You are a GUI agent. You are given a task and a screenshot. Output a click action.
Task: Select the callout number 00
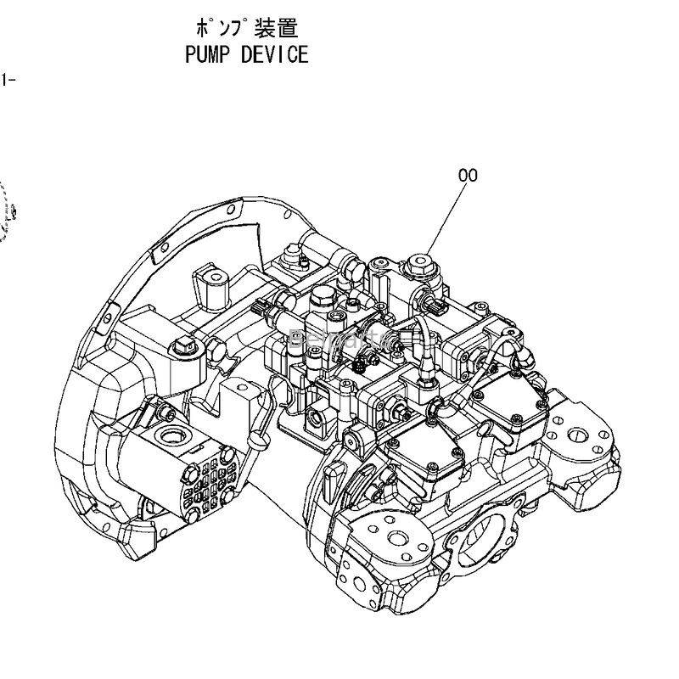click(x=468, y=176)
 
